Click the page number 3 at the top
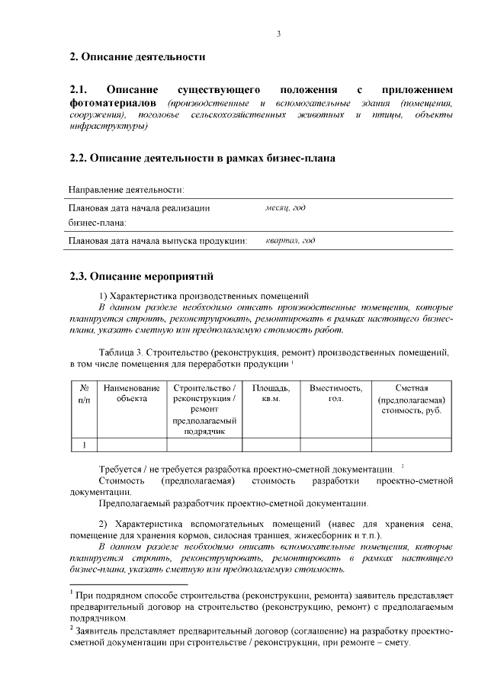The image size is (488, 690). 279,33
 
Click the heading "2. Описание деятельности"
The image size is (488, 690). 137,56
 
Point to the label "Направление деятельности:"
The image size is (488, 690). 127,189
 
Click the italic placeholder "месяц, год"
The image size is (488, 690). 285,207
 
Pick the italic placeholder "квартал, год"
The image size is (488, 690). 290,242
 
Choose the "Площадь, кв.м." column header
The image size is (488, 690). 271,394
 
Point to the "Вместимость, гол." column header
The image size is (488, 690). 335,394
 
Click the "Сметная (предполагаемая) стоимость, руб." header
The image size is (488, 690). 411,400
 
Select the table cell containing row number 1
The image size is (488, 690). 85,445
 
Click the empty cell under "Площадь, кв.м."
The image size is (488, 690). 271,445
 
